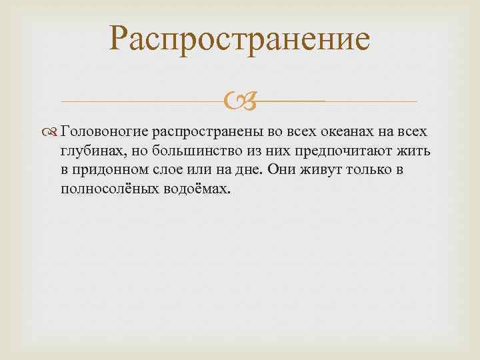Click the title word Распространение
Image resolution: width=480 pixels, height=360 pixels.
click(240, 39)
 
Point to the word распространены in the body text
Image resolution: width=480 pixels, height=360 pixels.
click(208, 131)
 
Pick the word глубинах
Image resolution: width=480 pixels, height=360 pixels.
click(89, 150)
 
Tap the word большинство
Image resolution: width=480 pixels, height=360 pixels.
click(186, 150)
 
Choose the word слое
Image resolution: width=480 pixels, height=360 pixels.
click(167, 169)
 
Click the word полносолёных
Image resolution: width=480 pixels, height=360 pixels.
click(108, 189)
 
